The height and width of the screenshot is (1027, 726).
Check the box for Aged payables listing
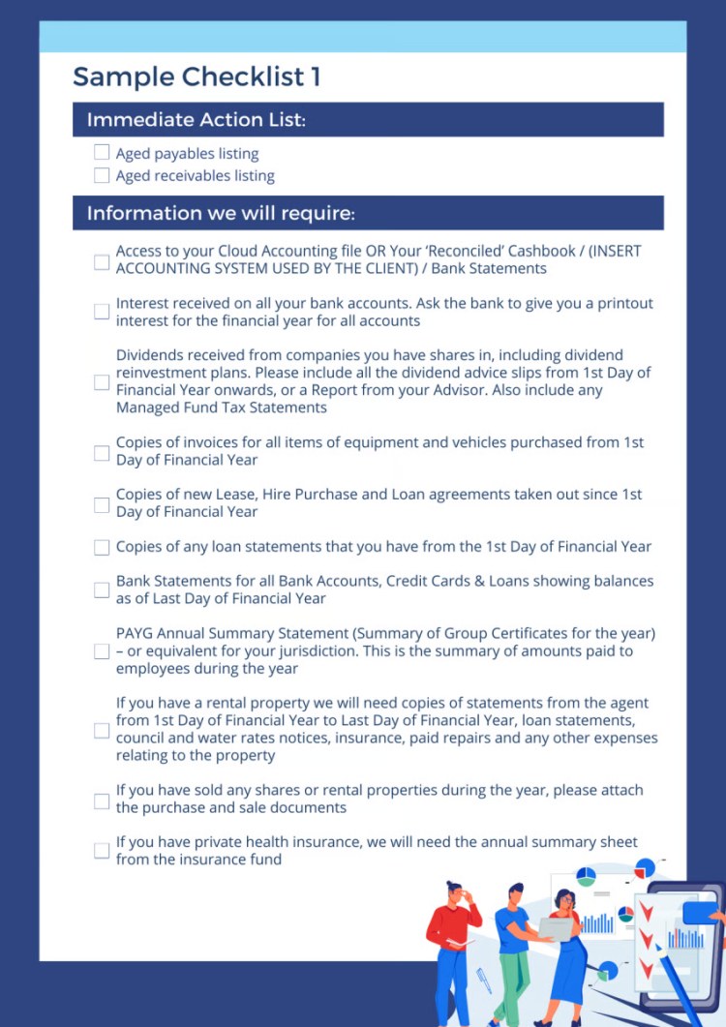(x=102, y=153)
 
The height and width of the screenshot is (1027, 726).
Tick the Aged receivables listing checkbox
(x=102, y=175)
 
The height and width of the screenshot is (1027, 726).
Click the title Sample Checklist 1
(x=197, y=76)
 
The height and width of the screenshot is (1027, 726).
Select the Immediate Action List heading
(x=196, y=120)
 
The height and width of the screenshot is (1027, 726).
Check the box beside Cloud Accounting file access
(x=102, y=261)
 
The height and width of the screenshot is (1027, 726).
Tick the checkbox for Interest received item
(x=102, y=312)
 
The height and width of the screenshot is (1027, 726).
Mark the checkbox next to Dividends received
(x=102, y=382)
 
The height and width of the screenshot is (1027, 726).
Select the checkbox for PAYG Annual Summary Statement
(x=102, y=651)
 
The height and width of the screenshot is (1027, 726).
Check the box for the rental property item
(x=102, y=730)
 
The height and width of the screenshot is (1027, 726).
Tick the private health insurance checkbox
(x=102, y=851)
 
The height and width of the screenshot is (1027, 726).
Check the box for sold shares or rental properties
(x=102, y=800)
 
